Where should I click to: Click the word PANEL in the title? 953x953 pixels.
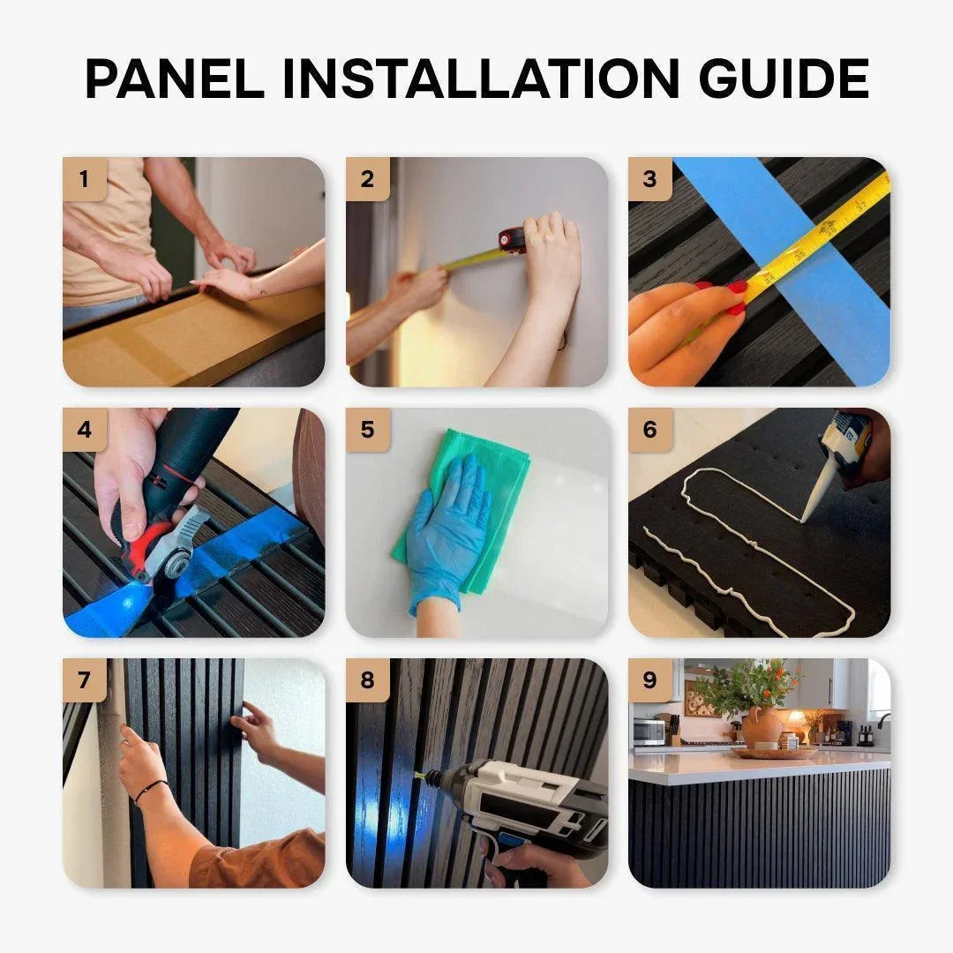coord(175,79)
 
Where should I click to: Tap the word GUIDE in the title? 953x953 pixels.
coord(784,79)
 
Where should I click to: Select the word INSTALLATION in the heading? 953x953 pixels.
coord(481,79)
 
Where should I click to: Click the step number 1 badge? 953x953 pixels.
coord(85,178)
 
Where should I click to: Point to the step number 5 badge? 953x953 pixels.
coord(368,430)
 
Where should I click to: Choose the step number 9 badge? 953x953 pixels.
coord(650,680)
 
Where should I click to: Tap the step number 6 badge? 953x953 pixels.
coord(650,430)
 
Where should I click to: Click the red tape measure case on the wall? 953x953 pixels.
coord(513,240)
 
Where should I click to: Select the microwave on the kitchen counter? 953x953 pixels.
coord(649,732)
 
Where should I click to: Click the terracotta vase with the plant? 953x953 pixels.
coord(762,727)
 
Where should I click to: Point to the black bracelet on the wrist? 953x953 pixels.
coord(152,790)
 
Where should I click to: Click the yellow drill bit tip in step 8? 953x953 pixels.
coord(420,775)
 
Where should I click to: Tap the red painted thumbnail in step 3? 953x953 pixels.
coord(737,287)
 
